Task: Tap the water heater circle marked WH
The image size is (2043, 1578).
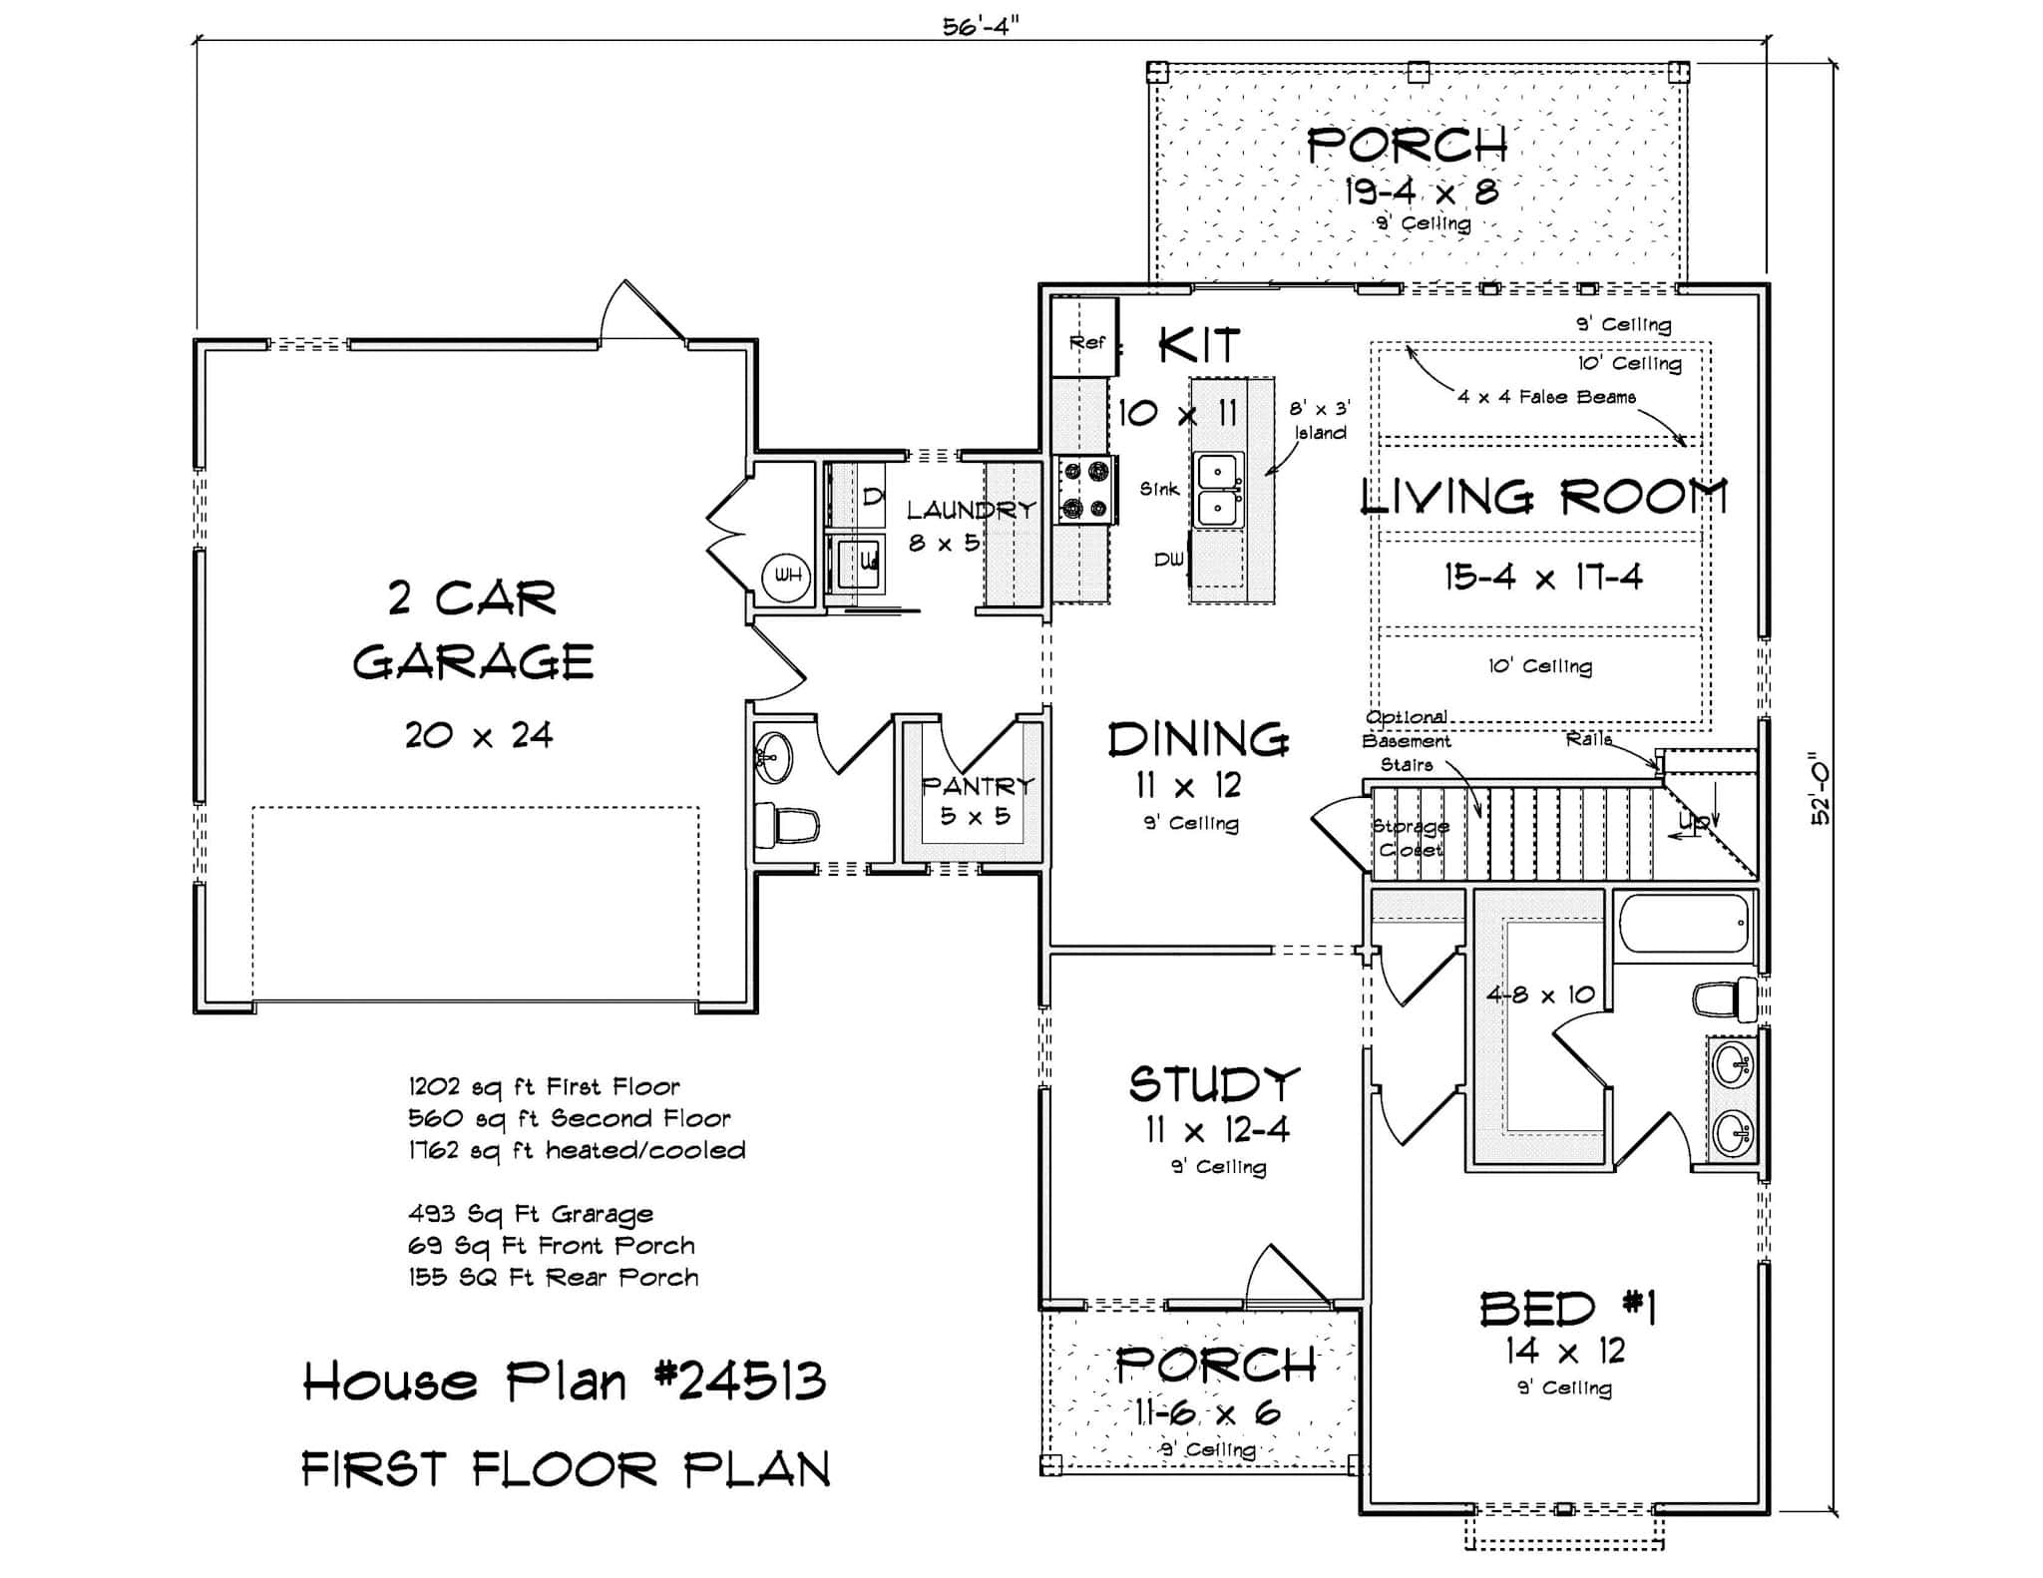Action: (787, 576)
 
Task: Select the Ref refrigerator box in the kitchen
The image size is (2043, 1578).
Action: (1085, 340)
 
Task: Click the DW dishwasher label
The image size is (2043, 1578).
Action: (1168, 561)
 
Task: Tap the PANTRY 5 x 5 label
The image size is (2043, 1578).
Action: (976, 801)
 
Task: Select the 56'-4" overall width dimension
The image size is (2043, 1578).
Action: (981, 27)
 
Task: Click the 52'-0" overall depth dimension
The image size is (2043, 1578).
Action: (1822, 788)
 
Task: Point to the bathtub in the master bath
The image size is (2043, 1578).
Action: (1684, 923)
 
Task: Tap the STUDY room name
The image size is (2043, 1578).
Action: (1214, 1085)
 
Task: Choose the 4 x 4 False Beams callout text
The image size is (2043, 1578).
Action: (1546, 397)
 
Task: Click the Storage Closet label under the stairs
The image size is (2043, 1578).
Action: (1411, 838)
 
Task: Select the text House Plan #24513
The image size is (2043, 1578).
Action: (565, 1382)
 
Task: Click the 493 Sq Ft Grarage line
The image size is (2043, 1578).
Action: (531, 1214)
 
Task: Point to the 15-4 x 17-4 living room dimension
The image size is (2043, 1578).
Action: (1542, 578)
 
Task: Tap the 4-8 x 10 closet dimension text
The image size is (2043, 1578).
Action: (1540, 994)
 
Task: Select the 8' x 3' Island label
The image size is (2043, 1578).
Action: (1320, 420)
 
